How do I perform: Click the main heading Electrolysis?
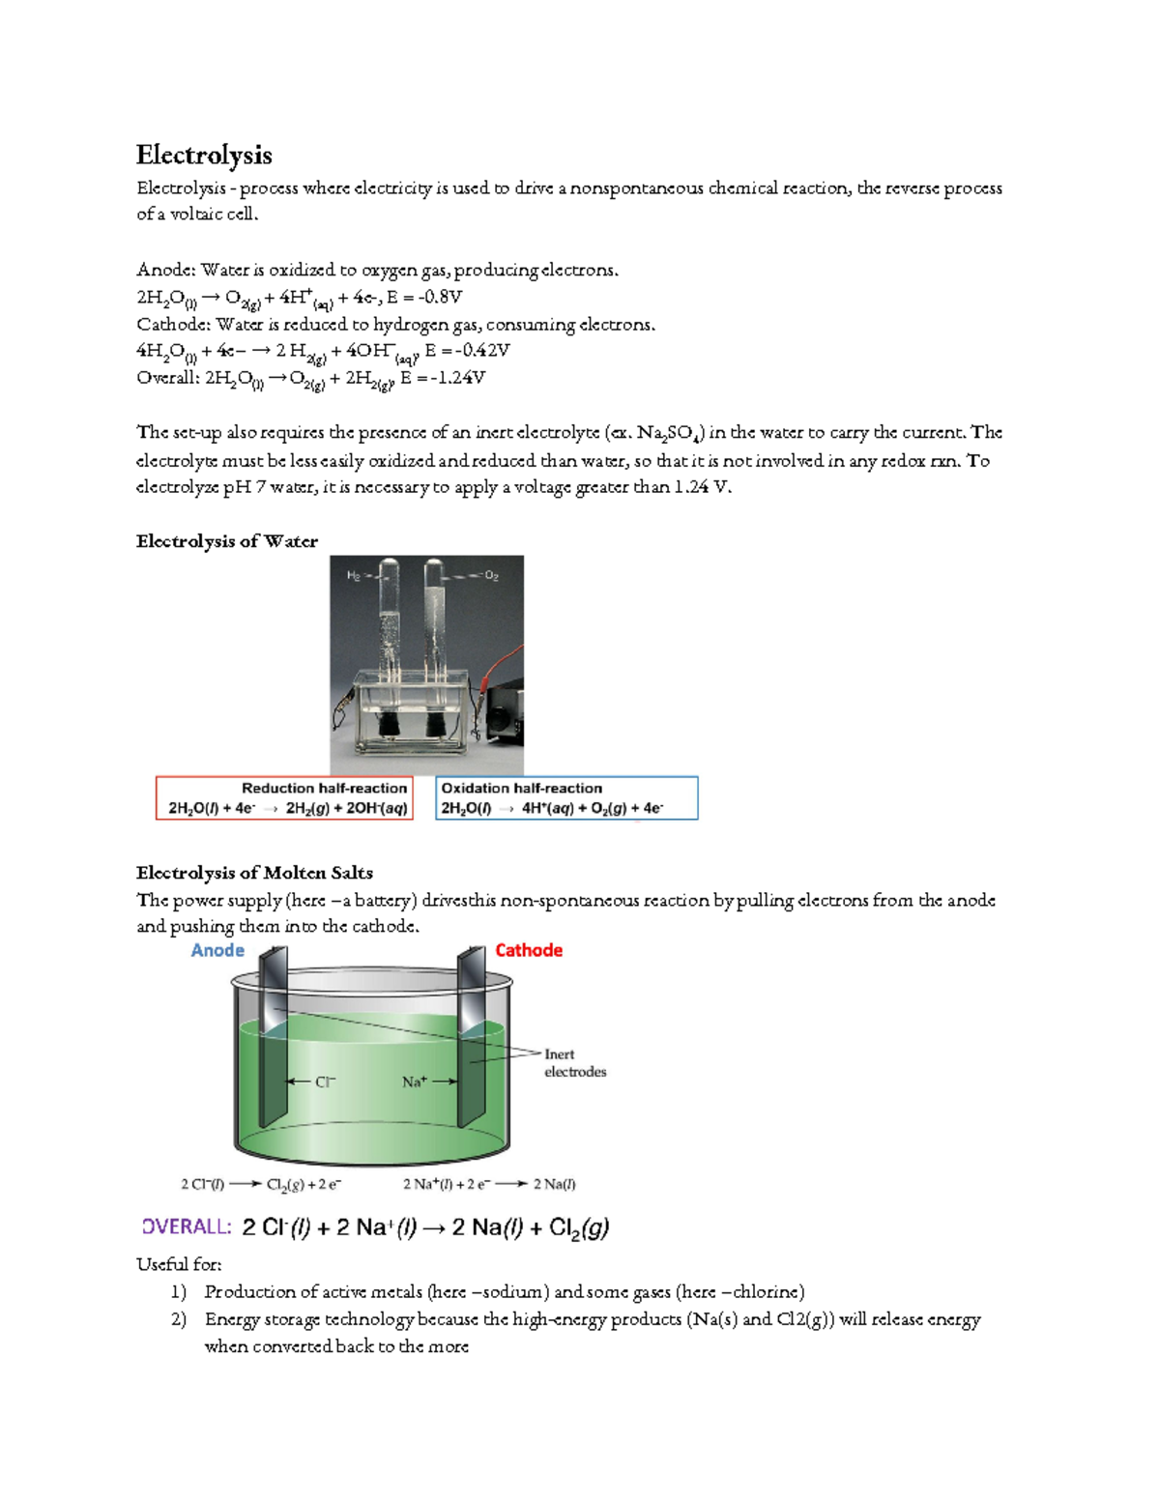point(204,155)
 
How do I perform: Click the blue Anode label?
point(217,950)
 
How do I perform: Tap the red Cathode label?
point(528,950)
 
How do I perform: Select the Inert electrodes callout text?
point(574,1063)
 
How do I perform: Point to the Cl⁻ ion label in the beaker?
point(326,1082)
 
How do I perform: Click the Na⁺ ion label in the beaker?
point(414,1082)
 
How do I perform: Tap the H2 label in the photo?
point(354,576)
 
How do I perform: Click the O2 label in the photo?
point(491,576)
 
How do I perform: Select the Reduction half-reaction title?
point(324,788)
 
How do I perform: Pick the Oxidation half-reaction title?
point(521,788)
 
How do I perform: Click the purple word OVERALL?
point(187,1227)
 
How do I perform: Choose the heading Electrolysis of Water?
point(226,541)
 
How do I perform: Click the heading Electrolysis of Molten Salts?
point(254,873)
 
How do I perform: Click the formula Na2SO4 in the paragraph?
point(670,433)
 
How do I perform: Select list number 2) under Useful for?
point(178,1319)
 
